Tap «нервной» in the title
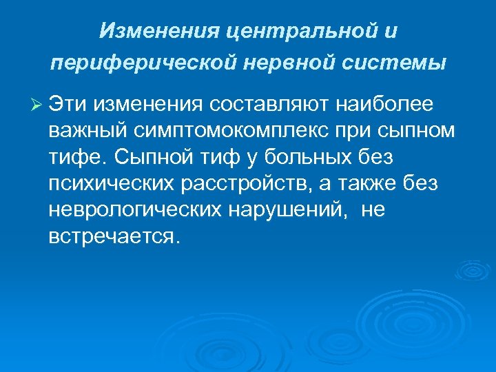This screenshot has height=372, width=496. click(x=266, y=63)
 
